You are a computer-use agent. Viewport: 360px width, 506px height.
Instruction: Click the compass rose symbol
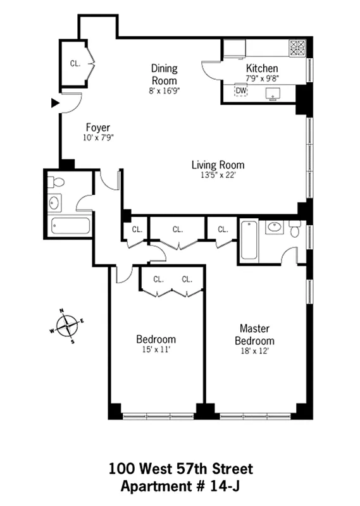pyautogui.click(x=66, y=326)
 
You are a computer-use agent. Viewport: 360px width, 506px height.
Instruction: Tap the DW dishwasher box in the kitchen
pyautogui.click(x=241, y=90)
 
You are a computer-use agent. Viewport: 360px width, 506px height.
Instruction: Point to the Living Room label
pyautogui.click(x=218, y=165)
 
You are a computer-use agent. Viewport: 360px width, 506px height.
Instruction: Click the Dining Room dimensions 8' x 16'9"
pyautogui.click(x=163, y=90)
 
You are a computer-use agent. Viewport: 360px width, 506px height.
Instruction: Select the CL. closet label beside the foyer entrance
pyautogui.click(x=75, y=63)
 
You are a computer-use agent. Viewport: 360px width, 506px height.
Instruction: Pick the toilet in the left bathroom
pyautogui.click(x=56, y=182)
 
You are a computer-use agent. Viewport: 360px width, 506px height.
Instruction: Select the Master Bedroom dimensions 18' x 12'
pyautogui.click(x=255, y=351)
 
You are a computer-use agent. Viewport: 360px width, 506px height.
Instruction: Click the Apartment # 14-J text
pyautogui.click(x=180, y=486)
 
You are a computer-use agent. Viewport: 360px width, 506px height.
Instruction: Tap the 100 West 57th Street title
pyautogui.click(x=180, y=469)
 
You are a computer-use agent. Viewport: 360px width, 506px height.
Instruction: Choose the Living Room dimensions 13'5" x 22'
pyautogui.click(x=218, y=175)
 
